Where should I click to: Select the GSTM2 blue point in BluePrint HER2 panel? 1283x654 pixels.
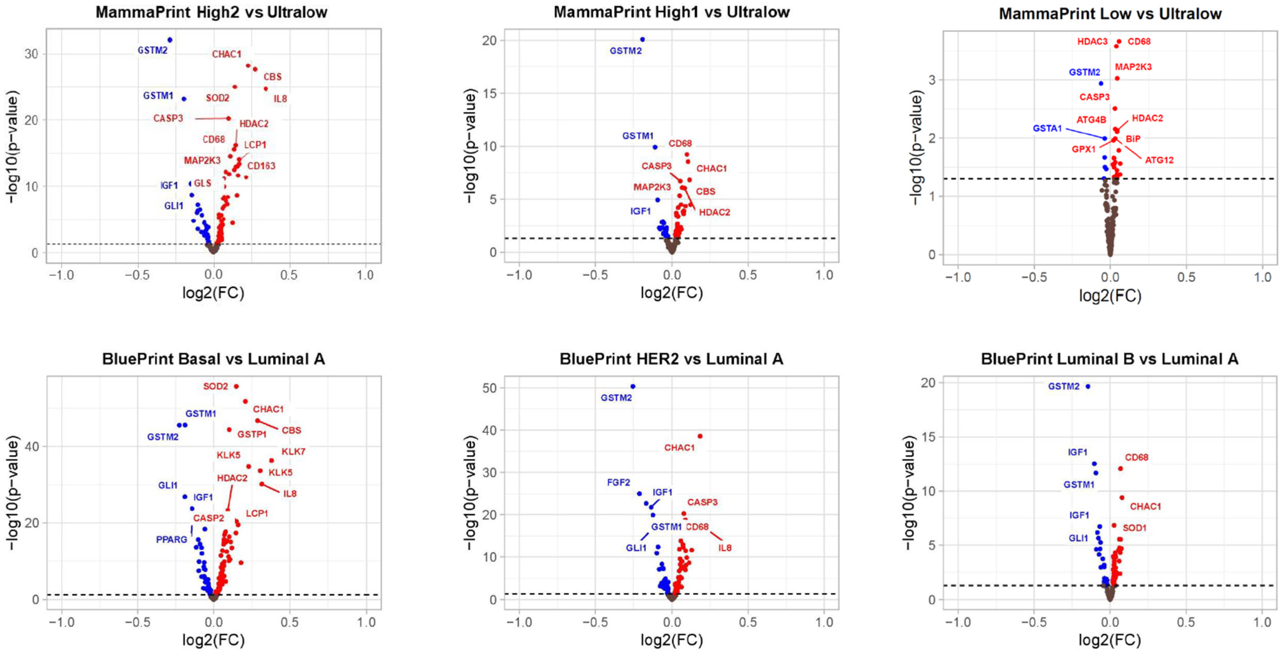pyautogui.click(x=633, y=386)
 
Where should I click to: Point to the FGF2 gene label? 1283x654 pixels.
pyautogui.click(x=619, y=482)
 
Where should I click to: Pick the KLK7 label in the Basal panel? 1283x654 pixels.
pyautogui.click(x=293, y=452)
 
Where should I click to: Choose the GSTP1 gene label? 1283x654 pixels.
pyautogui.click(x=252, y=435)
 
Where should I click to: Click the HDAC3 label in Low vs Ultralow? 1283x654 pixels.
pyautogui.click(x=1092, y=42)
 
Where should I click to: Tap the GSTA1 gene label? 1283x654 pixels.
pyautogui.click(x=1047, y=129)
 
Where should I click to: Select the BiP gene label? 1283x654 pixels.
pyautogui.click(x=1133, y=139)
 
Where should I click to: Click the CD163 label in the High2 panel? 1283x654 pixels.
pyautogui.click(x=261, y=166)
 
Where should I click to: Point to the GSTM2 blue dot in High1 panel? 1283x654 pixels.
pyautogui.click(x=643, y=39)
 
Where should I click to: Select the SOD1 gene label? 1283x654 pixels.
pyautogui.click(x=1135, y=528)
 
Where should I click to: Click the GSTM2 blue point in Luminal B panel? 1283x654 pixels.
pyautogui.click(x=1088, y=386)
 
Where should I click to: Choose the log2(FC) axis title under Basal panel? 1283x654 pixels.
pyautogui.click(x=213, y=640)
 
